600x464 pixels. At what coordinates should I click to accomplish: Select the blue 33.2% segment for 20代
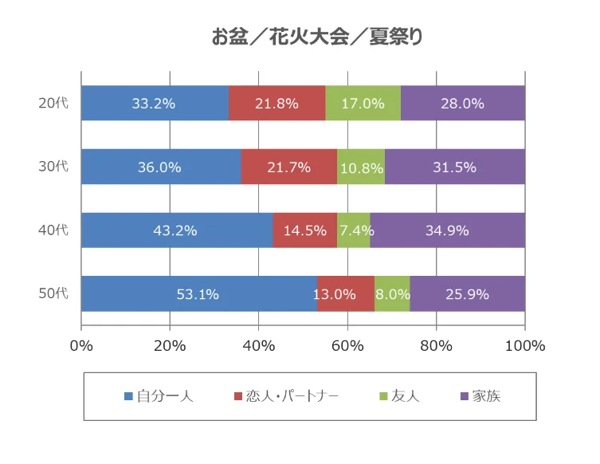[155, 103]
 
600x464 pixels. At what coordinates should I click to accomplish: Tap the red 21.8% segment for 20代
[277, 103]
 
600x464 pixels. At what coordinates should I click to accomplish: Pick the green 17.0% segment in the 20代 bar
[363, 103]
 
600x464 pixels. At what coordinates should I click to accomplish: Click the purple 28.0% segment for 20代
[462, 103]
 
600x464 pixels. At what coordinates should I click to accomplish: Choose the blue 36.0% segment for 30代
[161, 167]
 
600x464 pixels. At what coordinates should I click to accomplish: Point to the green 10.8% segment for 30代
[361, 167]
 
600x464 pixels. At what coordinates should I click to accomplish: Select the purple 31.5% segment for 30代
[454, 167]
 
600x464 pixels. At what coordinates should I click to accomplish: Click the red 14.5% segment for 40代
[305, 230]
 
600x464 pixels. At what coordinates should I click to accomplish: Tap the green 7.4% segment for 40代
[354, 230]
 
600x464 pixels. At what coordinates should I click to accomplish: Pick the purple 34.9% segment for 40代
[447, 230]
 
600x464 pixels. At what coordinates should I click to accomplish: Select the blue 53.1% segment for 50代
[198, 294]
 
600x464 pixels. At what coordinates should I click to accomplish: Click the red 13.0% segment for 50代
[346, 294]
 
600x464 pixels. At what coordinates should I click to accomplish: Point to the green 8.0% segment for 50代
[392, 294]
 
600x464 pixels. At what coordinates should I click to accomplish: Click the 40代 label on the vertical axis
[54, 230]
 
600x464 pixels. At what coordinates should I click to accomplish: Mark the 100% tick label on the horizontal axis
[524, 346]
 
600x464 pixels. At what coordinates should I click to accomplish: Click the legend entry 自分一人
[159, 395]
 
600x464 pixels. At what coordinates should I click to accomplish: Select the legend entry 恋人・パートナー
[285, 395]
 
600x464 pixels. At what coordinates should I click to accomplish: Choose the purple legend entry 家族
[480, 395]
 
